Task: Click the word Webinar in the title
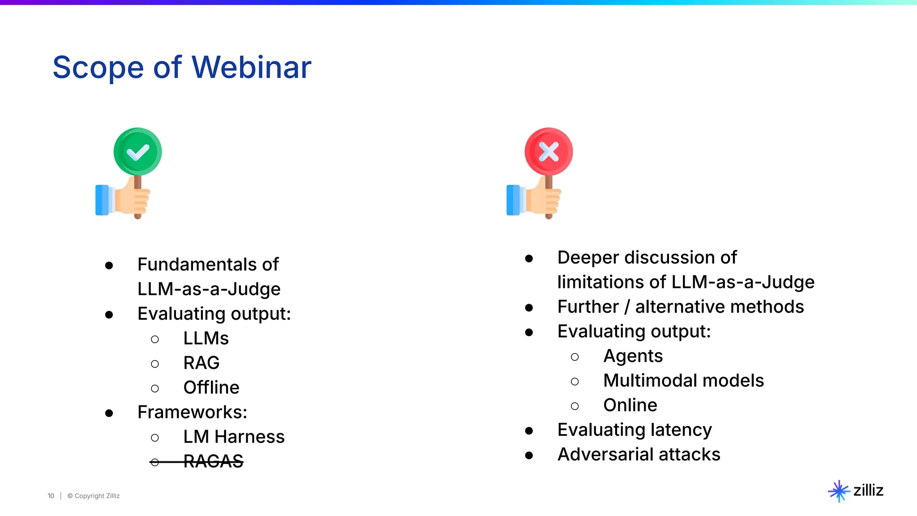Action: pyautogui.click(x=251, y=67)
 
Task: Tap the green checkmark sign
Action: pyautogui.click(x=137, y=152)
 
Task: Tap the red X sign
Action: pyautogui.click(x=548, y=152)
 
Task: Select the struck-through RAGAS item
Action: pyautogui.click(x=213, y=461)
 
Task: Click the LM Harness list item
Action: pyautogui.click(x=234, y=437)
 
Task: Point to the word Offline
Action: pyautogui.click(x=211, y=387)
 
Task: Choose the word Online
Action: pyautogui.click(x=630, y=405)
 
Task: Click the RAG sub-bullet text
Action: pyautogui.click(x=201, y=363)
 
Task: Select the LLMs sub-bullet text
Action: pyautogui.click(x=206, y=338)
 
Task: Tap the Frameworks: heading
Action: pyautogui.click(x=192, y=412)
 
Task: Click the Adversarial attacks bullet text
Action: pyautogui.click(x=638, y=455)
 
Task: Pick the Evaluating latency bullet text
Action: pyautogui.click(x=634, y=430)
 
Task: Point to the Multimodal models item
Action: pyautogui.click(x=683, y=381)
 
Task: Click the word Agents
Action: pyautogui.click(x=633, y=356)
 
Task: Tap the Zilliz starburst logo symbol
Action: pyautogui.click(x=839, y=491)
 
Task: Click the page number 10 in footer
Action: pyautogui.click(x=51, y=496)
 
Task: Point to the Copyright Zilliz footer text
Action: pyautogui.click(x=94, y=496)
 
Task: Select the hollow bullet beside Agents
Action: pyautogui.click(x=575, y=357)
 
